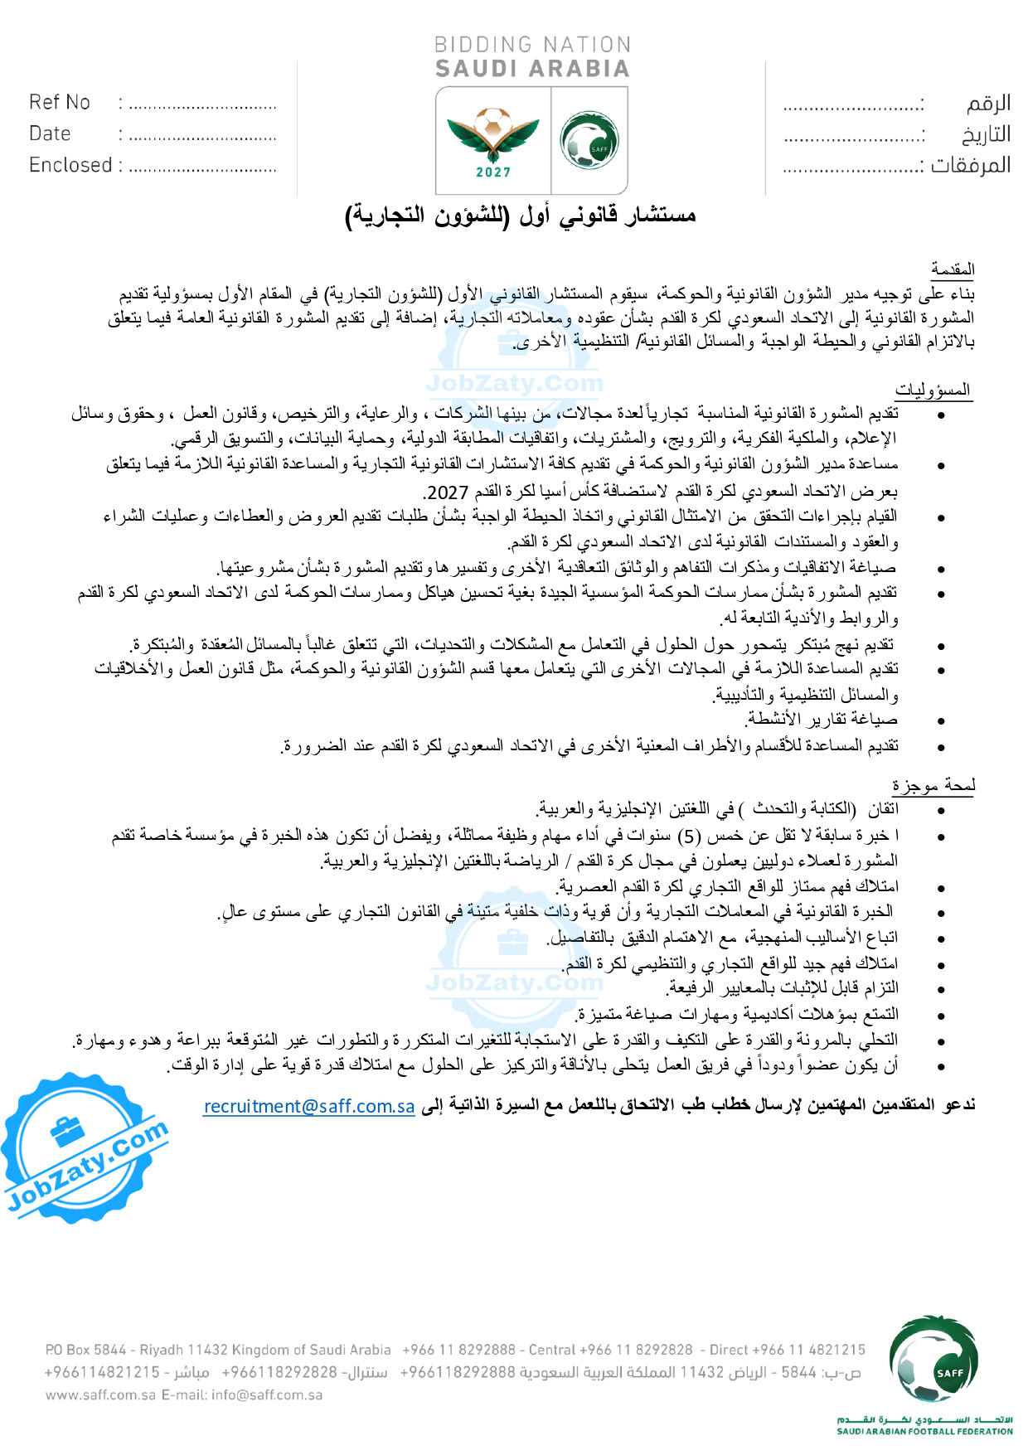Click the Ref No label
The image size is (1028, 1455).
click(x=60, y=102)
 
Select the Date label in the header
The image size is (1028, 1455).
click(x=50, y=133)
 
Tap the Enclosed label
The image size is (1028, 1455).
click(x=70, y=165)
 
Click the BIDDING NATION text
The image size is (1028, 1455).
click(x=532, y=45)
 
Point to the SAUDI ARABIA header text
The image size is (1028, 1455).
click(x=532, y=69)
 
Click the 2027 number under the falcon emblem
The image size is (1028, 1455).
click(x=493, y=172)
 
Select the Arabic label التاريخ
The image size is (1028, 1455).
click(x=986, y=134)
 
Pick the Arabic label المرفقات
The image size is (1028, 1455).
click(x=970, y=165)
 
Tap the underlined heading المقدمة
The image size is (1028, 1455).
click(x=953, y=269)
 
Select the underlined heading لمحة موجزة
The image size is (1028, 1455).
click(x=933, y=785)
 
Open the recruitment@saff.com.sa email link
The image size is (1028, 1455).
click(x=308, y=1106)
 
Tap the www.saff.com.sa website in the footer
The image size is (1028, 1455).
click(x=100, y=1394)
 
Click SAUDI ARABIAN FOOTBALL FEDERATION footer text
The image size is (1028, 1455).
click(x=924, y=1431)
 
